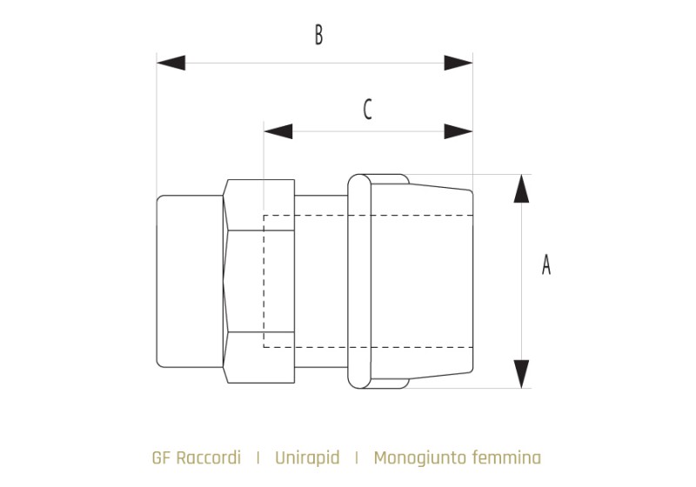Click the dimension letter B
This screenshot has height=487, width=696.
coord(318,36)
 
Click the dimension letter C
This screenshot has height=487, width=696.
coord(367,110)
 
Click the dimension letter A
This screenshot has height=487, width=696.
coord(546,264)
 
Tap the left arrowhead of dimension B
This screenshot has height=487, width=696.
coord(171,63)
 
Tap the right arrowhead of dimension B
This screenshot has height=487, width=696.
coord(458,63)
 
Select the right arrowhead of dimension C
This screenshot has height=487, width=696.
coord(458,131)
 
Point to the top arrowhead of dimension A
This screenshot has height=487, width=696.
coord(520,189)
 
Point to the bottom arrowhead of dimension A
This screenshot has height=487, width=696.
coord(520,373)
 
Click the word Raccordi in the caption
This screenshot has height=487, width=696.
coord(207,457)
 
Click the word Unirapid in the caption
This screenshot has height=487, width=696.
coord(307,457)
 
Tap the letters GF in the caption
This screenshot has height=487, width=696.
coord(161,457)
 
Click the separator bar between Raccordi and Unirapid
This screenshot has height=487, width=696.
coord(258,457)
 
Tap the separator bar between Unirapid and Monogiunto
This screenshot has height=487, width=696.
coord(357,457)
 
